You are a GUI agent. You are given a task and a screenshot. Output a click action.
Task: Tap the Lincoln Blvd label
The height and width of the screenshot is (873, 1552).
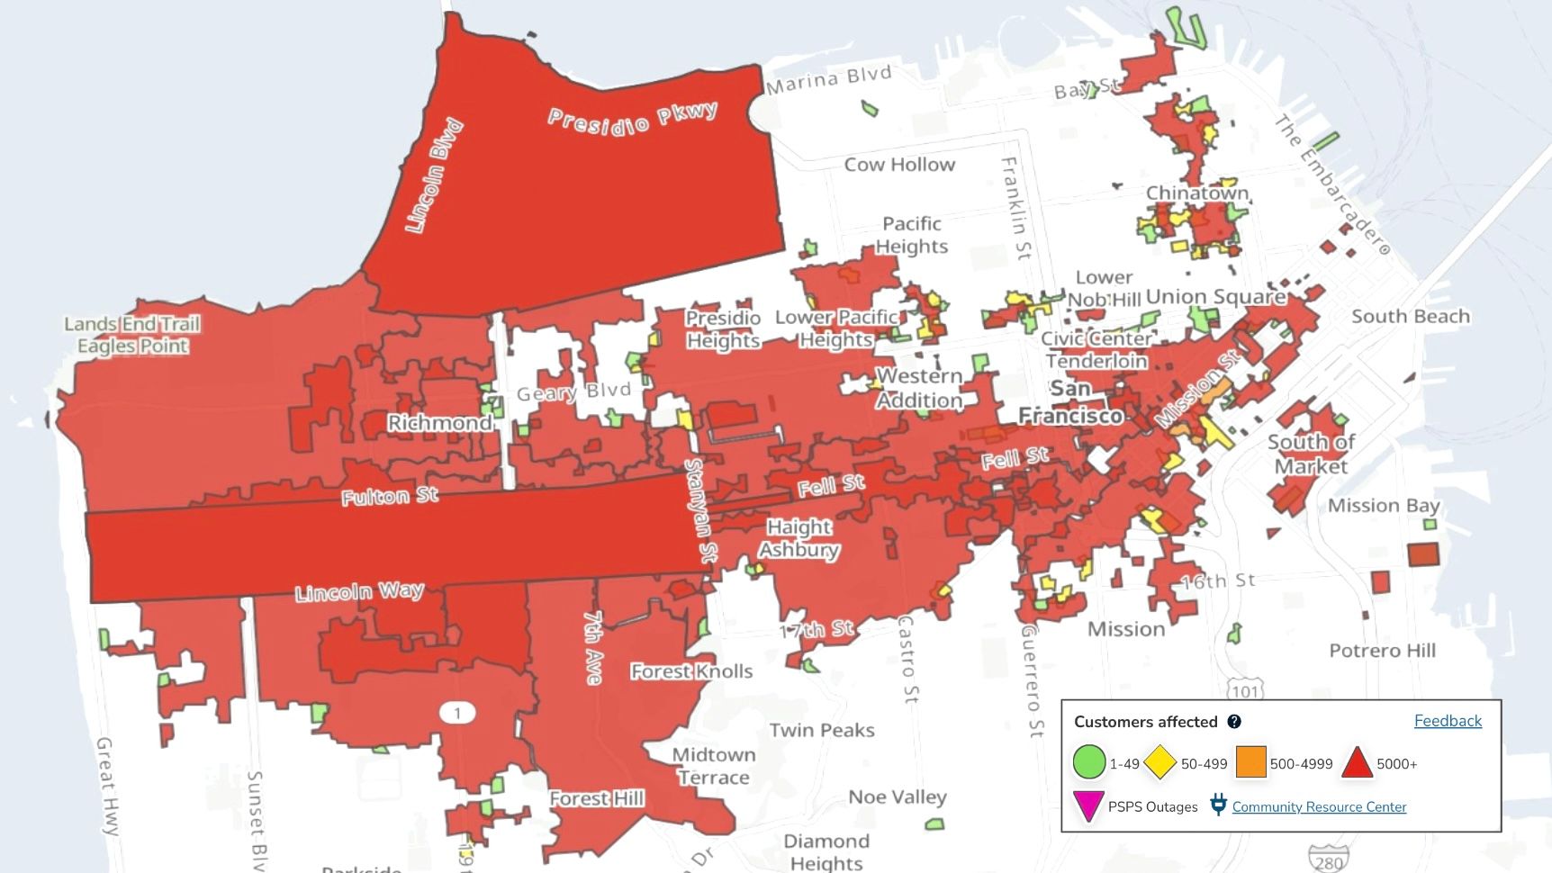coord(435,175)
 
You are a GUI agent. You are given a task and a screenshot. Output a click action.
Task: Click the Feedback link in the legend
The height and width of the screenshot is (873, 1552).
coord(1447,721)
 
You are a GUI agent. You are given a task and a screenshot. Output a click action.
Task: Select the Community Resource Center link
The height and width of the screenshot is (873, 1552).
coord(1318,806)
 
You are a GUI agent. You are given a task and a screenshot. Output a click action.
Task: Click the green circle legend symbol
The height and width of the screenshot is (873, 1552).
coord(1088,762)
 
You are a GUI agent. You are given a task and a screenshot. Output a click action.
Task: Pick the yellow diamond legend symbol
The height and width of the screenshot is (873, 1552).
coord(1160,762)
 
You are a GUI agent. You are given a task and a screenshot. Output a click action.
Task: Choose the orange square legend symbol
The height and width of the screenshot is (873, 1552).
coord(1250,761)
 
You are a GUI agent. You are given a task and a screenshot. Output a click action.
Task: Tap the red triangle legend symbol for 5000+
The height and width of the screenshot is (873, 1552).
coord(1357,763)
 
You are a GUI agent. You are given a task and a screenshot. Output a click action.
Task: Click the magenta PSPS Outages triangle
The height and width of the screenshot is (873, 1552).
coord(1088,805)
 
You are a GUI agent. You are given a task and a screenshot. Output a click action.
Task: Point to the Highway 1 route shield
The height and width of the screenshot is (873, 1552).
coord(457,714)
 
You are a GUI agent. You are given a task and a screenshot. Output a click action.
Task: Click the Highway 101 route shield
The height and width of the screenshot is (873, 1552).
coord(1245,691)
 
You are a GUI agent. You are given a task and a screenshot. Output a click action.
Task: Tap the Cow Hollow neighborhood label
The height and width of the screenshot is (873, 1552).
coord(899,165)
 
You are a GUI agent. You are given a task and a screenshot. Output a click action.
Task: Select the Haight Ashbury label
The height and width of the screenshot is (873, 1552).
coord(799,538)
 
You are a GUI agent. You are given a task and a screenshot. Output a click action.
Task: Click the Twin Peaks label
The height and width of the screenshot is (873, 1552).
coord(821,730)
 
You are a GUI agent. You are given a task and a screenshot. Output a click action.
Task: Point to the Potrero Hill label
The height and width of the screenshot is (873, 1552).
coord(1382,651)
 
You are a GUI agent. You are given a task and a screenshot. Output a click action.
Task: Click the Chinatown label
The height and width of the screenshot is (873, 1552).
coord(1197,193)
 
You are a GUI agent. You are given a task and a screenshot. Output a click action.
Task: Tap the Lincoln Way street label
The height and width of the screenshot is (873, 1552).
coord(359,591)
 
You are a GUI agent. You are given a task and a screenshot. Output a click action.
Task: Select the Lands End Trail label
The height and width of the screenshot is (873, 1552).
coord(132,324)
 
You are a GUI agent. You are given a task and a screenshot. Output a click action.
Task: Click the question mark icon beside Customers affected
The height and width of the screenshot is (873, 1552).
coord(1234,722)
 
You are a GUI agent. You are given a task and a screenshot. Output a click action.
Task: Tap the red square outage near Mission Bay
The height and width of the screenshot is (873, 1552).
coord(1422,554)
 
